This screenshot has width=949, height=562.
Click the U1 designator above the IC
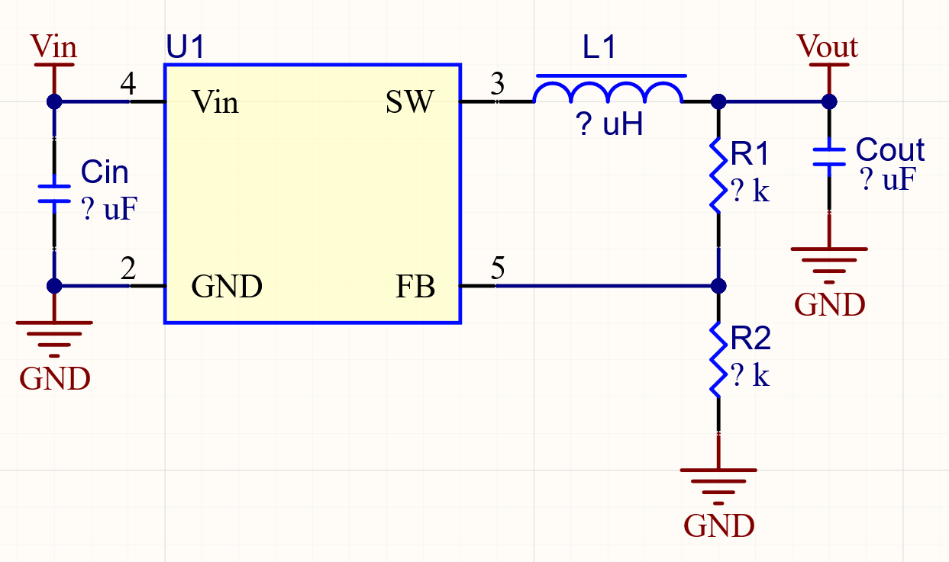186,47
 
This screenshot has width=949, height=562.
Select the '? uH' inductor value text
610,124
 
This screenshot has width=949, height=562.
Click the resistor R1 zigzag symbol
717,174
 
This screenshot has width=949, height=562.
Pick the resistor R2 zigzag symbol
717,358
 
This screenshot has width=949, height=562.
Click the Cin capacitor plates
54,193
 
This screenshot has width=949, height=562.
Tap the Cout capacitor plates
829,156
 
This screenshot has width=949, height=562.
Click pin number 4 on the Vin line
128,85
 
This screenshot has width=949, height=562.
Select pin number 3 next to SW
497,85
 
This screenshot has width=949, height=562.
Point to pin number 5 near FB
497,268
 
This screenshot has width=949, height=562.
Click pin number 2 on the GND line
128,268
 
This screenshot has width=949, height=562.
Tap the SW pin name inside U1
410,101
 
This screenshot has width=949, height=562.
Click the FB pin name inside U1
415,287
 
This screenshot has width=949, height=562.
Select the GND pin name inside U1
227,287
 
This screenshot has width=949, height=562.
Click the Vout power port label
828,47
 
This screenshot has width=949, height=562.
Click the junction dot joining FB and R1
718,286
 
